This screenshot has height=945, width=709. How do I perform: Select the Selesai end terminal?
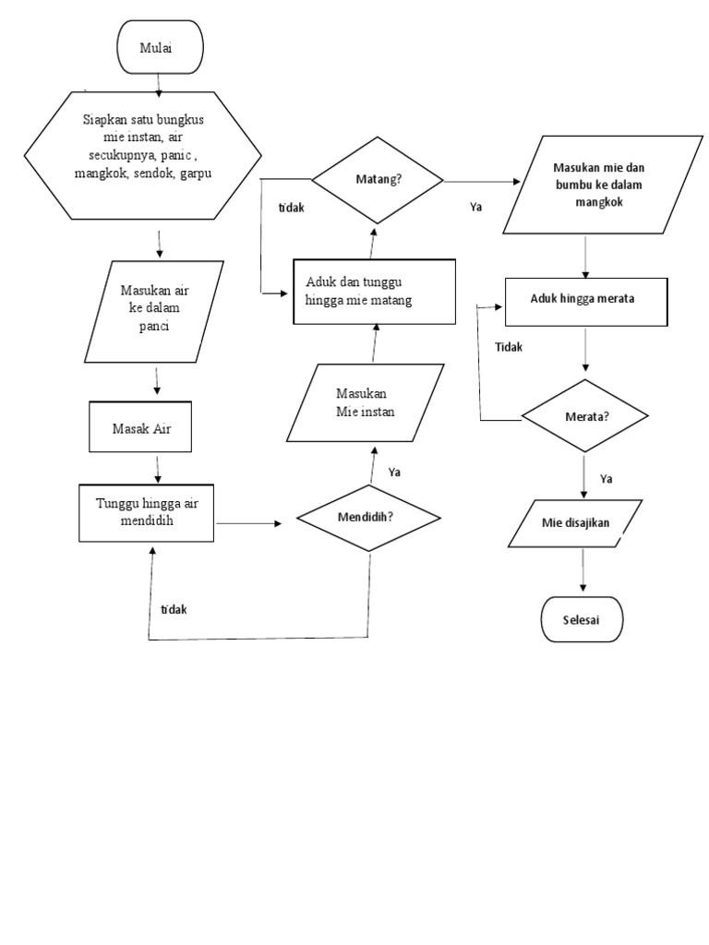(x=582, y=619)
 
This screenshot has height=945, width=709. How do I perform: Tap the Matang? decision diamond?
(x=378, y=180)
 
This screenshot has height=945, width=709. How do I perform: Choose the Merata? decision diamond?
(x=585, y=415)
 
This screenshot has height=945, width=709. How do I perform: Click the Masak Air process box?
(x=140, y=428)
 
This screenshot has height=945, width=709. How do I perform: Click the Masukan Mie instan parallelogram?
(x=367, y=402)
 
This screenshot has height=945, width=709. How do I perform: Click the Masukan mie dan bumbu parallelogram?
(x=591, y=184)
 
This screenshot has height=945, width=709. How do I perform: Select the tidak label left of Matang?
(x=292, y=208)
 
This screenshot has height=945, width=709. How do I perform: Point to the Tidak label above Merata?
(x=509, y=347)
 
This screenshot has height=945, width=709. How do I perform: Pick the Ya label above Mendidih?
(x=394, y=472)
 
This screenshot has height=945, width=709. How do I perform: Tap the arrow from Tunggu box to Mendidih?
(x=249, y=523)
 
